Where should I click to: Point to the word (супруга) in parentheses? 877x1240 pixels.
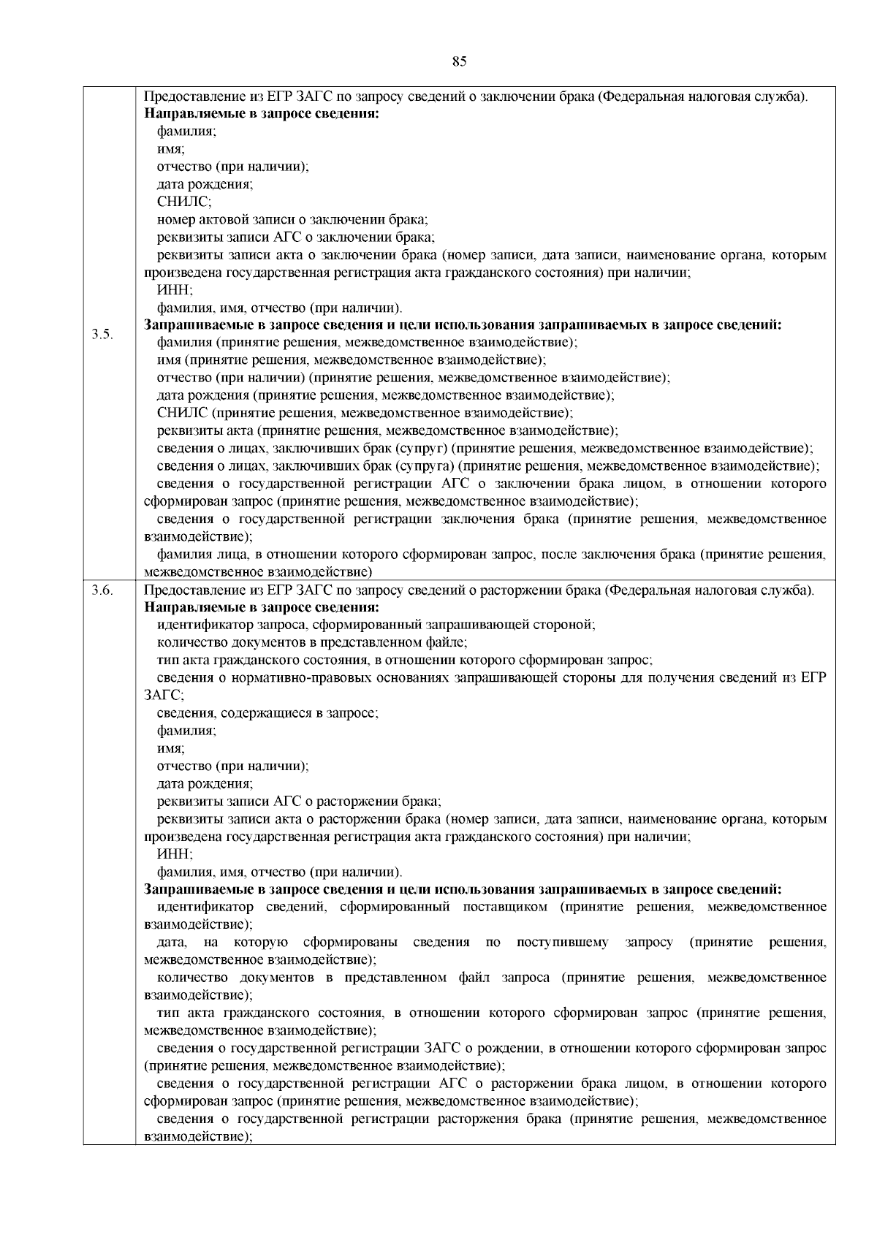point(426,466)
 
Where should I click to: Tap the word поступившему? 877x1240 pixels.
point(562,943)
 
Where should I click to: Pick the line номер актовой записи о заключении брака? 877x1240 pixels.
point(292,219)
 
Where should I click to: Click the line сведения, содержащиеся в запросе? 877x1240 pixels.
point(267,713)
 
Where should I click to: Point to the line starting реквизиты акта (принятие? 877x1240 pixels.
point(387,431)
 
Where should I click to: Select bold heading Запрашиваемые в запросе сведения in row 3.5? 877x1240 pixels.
point(463,326)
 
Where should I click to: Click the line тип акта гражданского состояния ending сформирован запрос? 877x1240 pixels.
point(404,661)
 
